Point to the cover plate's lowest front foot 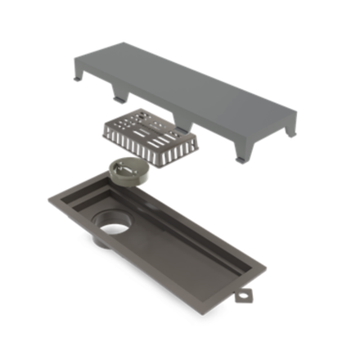coord(239,155)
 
